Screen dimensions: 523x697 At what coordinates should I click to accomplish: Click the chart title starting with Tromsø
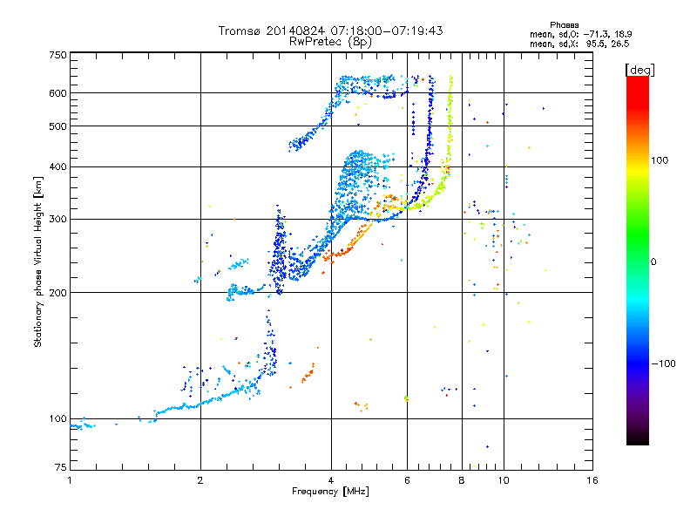coord(330,31)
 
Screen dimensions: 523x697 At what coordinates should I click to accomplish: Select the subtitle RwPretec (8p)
coord(330,41)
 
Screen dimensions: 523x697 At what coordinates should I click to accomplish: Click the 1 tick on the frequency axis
coord(70,480)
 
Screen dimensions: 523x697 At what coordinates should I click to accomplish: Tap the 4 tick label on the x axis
coord(331,480)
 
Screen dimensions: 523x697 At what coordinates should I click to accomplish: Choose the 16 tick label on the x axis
coord(592,480)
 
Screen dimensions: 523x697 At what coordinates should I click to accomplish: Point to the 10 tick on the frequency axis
coord(504,480)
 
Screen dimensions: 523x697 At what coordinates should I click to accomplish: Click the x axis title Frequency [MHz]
coord(330,492)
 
